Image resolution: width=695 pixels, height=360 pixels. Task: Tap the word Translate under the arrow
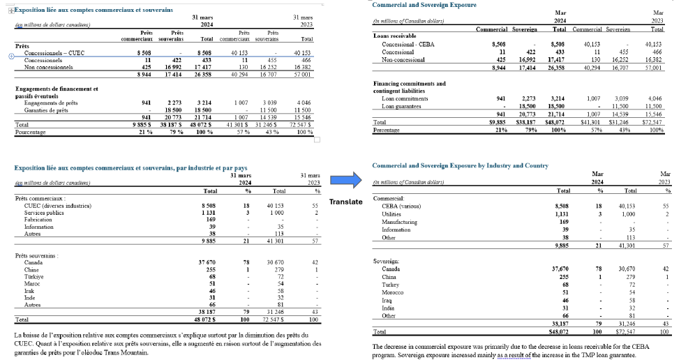(x=345, y=202)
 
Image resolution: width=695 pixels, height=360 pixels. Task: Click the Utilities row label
(x=392, y=214)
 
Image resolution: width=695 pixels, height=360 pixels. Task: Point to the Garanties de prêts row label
(x=45, y=110)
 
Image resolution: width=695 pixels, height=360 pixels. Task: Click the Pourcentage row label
(x=31, y=132)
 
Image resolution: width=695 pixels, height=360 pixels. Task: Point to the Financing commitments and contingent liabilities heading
(x=409, y=87)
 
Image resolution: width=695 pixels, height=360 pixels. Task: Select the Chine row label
(x=31, y=270)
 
